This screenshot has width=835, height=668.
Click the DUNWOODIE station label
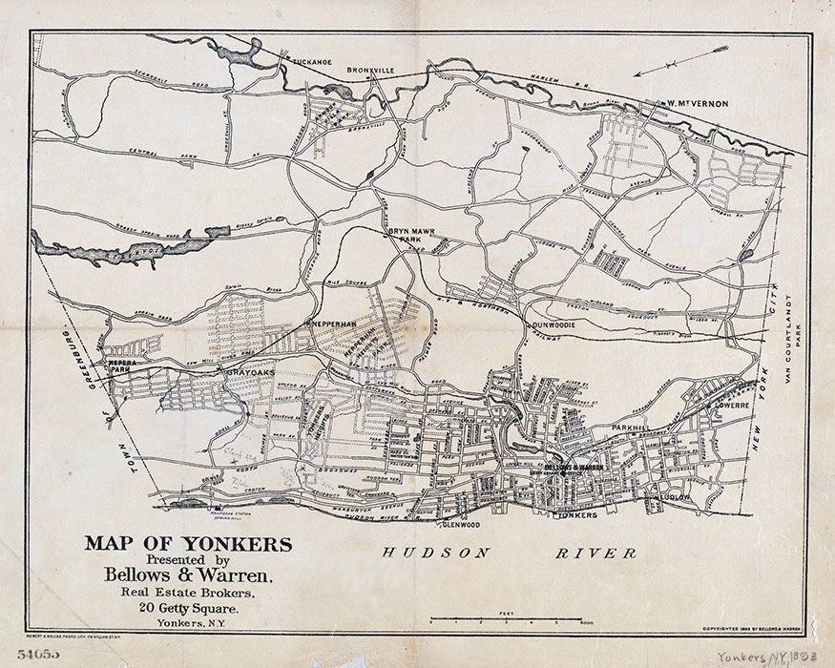pyautogui.click(x=559, y=324)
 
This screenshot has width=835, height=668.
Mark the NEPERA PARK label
pyautogui.click(x=122, y=366)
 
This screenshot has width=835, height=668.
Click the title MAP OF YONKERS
pyautogui.click(x=188, y=544)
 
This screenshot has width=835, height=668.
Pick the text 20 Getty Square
pyautogui.click(x=188, y=607)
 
